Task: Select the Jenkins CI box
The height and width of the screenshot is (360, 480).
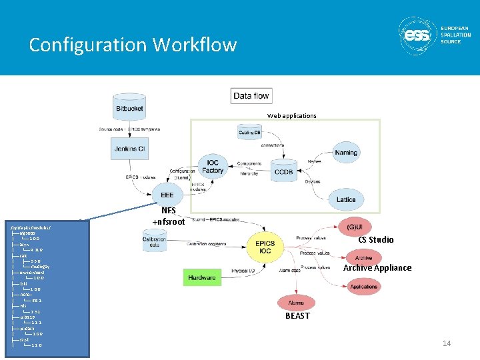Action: [129, 149]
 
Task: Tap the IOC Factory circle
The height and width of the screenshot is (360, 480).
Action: [213, 167]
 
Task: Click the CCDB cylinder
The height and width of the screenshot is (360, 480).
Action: [286, 171]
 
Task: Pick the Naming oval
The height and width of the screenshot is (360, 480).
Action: [346, 153]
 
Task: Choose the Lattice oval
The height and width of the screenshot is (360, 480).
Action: [346, 200]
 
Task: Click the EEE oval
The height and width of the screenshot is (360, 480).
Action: [167, 195]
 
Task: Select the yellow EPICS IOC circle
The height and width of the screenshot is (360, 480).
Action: [265, 247]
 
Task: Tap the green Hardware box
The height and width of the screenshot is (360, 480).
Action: [202, 277]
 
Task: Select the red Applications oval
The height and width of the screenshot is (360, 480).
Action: [363, 287]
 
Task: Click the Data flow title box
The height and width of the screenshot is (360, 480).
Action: [251, 96]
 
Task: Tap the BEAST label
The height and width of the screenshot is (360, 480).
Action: [297, 316]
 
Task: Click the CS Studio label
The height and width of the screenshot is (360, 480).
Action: [375, 240]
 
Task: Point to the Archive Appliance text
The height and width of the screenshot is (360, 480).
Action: [377, 268]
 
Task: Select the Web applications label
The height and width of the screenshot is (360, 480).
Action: [291, 116]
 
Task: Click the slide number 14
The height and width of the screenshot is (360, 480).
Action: [447, 343]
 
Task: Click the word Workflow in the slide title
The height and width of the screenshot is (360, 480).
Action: [194, 45]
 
